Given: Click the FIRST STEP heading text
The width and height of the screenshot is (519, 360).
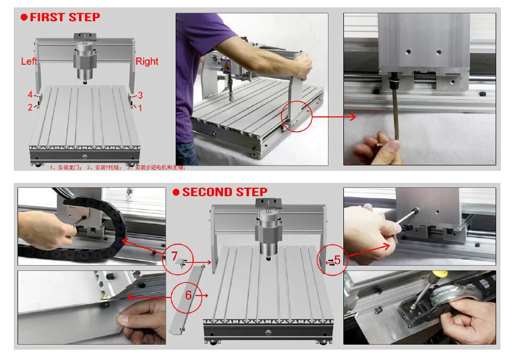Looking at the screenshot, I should click(x=65, y=17).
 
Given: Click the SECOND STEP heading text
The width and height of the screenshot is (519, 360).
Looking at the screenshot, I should click(x=224, y=192).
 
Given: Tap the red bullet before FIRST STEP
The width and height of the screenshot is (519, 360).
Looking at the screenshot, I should click(x=24, y=17).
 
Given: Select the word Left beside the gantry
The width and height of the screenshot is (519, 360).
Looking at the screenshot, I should click(x=29, y=62).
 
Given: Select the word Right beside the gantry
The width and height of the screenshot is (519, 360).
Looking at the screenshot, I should click(x=147, y=62).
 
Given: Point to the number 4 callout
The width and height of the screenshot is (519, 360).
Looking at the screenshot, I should click(x=31, y=95).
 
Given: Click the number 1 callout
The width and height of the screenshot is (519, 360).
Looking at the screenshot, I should click(x=140, y=108).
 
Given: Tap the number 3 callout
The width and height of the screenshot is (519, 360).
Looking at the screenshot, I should click(x=140, y=95).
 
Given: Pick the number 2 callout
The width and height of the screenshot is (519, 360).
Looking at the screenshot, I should click(x=30, y=108).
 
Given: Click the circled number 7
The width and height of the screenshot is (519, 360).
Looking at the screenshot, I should click(x=174, y=256).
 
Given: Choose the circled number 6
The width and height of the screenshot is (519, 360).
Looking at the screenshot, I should click(x=188, y=295).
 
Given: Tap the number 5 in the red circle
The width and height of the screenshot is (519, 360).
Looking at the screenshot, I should click(x=337, y=260).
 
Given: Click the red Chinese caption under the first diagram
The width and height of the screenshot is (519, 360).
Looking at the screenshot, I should click(x=117, y=168).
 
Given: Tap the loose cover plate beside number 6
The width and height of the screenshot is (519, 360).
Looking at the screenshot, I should click(x=186, y=300).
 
